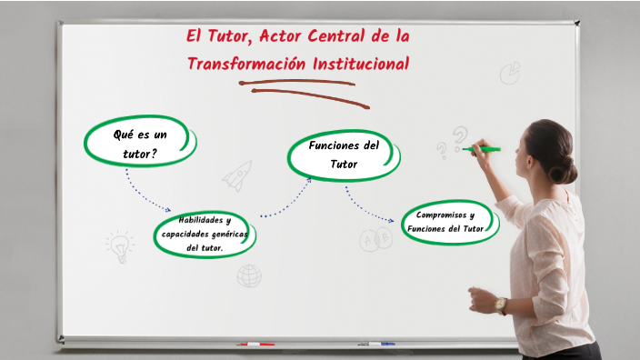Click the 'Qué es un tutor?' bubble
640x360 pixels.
tap(140, 145)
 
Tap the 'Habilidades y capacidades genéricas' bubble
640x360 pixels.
tap(205, 234)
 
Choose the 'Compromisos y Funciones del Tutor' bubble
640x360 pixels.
tap(450, 222)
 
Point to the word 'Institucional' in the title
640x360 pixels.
tap(361, 64)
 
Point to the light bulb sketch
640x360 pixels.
tap(119, 246)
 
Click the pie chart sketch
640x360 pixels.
tap(510, 72)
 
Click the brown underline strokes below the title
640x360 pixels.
tap(300, 88)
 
